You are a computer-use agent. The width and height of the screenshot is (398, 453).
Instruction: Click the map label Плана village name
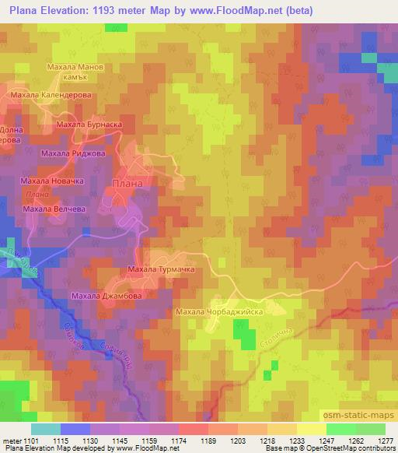point(127,184)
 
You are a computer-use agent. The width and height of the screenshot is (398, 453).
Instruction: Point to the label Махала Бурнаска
point(91,124)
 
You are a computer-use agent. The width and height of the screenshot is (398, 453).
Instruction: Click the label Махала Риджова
point(73,154)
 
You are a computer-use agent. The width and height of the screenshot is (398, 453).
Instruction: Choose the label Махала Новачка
point(51,181)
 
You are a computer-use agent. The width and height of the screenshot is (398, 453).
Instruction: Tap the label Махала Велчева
point(53,209)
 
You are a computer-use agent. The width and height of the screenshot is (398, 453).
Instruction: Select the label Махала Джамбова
point(106,296)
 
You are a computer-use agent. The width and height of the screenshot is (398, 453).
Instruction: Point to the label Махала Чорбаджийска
point(221,312)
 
